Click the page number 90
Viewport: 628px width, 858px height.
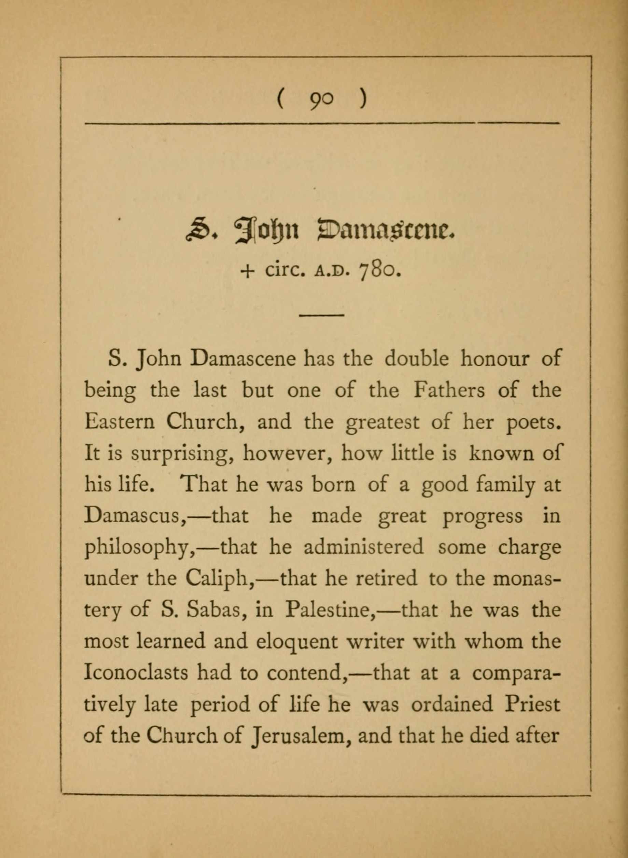click(322, 101)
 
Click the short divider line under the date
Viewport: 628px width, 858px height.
click(322, 315)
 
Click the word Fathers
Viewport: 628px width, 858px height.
click(449, 391)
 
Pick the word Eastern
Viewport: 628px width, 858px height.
click(119, 423)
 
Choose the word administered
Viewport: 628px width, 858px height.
click(363, 547)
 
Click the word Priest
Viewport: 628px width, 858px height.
click(532, 704)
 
